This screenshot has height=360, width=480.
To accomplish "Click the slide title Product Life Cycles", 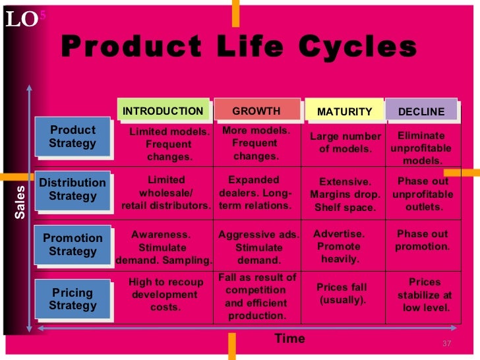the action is point(239,47).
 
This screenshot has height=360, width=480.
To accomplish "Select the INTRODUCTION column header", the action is point(163,111).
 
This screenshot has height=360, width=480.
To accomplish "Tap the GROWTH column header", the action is point(256,111).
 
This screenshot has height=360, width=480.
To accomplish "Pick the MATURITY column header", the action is point(344,111).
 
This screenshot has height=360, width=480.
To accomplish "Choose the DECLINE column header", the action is point(421,111).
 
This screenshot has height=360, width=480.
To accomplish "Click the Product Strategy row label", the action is point(73,136).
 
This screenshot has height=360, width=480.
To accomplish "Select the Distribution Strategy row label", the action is point(73,189).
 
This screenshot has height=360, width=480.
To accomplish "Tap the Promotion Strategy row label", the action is point(73,245).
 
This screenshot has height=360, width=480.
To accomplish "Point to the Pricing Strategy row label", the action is point(73,299).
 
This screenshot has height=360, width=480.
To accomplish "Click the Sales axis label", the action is point(20,202).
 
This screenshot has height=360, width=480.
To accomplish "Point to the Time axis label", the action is point(289,339).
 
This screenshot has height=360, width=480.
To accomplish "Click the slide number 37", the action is point(446,344).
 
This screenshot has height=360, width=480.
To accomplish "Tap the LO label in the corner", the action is point(22,20).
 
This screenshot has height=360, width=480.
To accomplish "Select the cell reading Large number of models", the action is point(345,142).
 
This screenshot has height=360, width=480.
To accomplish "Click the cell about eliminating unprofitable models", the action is point(422,148).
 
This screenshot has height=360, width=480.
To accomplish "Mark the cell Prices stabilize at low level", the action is point(425,295).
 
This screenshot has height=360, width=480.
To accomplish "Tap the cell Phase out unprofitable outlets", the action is point(423,194).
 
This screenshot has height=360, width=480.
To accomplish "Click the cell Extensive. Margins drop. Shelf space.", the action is point(345,195).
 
